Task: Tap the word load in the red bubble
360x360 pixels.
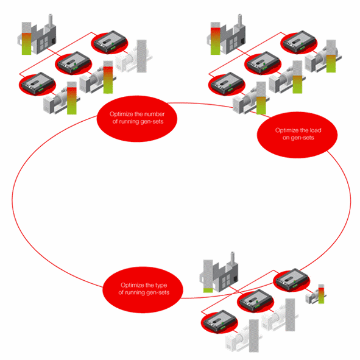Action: click(x=316, y=130)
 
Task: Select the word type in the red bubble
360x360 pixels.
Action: click(x=161, y=286)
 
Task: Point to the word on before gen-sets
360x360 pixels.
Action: click(x=286, y=138)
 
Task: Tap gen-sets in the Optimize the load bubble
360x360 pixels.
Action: click(x=302, y=138)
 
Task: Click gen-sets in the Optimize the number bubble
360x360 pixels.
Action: click(x=152, y=121)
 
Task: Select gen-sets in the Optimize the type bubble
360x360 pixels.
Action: click(x=158, y=292)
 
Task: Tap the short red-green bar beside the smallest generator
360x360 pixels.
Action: click(x=321, y=294)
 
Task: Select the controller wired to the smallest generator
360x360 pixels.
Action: click(x=292, y=280)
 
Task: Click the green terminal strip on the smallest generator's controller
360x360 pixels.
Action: click(x=295, y=286)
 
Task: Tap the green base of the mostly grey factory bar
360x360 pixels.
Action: click(x=208, y=290)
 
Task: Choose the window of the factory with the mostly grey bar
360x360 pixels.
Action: click(x=225, y=281)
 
